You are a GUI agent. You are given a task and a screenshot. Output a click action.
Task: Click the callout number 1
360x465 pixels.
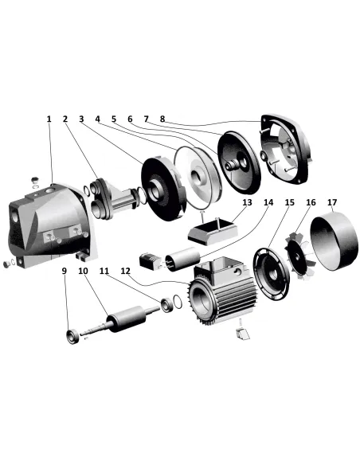pyautogui.click(x=49, y=119)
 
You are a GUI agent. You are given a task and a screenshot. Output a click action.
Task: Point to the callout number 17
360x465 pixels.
pyautogui.click(x=333, y=203)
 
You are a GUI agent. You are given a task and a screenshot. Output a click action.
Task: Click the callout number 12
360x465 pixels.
pyautogui.click(x=126, y=271)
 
